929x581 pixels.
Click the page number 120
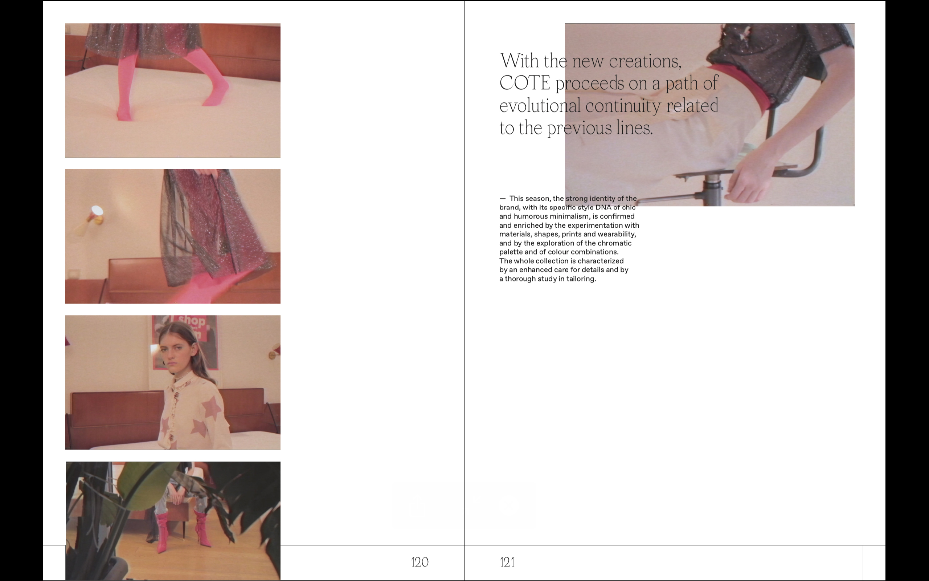coord(420,562)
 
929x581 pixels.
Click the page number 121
coord(507,562)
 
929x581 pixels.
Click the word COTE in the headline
coord(525,83)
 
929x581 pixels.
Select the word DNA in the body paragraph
coord(603,207)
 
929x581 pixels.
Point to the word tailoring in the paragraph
coord(581,279)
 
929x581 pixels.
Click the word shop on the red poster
coord(192,320)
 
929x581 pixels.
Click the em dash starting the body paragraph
coord(503,199)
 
